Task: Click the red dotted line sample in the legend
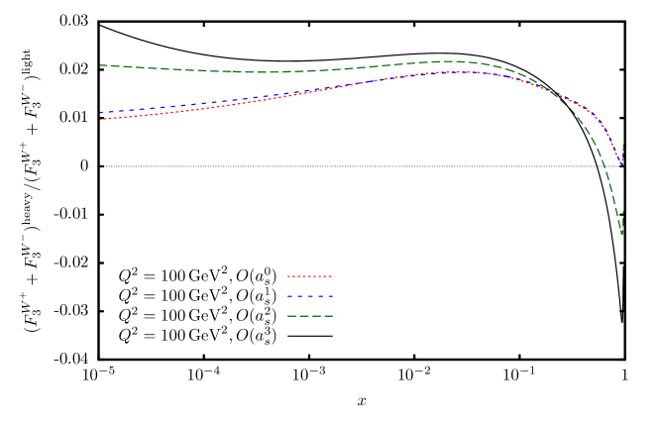coord(309,276)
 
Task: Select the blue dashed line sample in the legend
coord(309,296)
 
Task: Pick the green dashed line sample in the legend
coord(309,316)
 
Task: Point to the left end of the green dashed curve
coord(100,65)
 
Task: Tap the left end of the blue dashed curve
coord(100,112)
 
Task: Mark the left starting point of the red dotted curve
coord(100,119)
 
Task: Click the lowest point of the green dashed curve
coord(621,234)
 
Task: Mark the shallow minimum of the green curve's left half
coord(263,72)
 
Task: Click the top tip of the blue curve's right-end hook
coord(623,147)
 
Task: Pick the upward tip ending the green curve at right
coord(623,210)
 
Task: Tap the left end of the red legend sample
coord(287,276)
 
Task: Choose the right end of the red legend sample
coord(332,276)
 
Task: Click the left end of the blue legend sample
coord(287,296)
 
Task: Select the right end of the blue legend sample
coord(332,296)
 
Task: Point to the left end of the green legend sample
coord(287,316)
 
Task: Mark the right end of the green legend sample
coord(332,316)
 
